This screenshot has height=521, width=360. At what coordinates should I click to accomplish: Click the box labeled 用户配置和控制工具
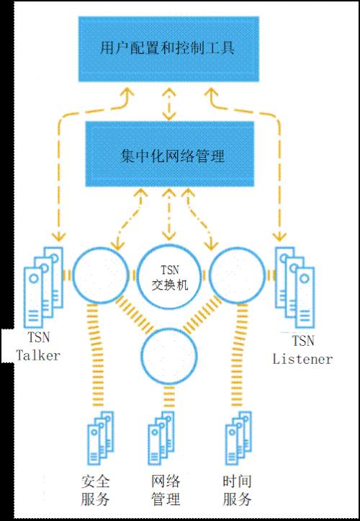pos(168,49)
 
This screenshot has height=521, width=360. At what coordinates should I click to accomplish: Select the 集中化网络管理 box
pos(170,154)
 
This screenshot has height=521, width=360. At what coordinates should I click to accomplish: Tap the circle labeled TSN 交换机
pos(169,275)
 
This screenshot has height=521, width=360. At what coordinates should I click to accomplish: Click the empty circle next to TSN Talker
pos(100,275)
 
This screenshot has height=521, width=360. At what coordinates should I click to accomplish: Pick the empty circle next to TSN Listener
pos(238,275)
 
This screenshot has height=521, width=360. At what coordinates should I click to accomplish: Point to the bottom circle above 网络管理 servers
pos(169,356)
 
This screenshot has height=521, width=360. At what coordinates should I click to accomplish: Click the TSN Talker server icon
pos(43,288)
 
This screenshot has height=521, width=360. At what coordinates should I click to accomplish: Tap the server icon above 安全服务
pos(101,438)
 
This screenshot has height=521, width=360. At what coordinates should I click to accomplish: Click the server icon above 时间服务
pos(238,438)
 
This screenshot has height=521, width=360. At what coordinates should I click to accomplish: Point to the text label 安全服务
pos(95,490)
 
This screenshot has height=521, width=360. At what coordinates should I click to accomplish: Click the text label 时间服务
pos(237,490)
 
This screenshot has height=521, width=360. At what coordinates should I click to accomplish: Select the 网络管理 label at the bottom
pos(166,490)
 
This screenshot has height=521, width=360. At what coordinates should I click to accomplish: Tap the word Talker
pos(39,355)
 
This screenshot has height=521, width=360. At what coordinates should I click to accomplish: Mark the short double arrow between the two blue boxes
pos(169,104)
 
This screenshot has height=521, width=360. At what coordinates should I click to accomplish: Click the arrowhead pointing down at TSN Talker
pos(60,236)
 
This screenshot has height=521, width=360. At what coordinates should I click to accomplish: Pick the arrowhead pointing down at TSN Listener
pos(279,236)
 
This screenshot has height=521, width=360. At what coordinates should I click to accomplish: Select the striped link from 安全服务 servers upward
pos(94,355)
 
